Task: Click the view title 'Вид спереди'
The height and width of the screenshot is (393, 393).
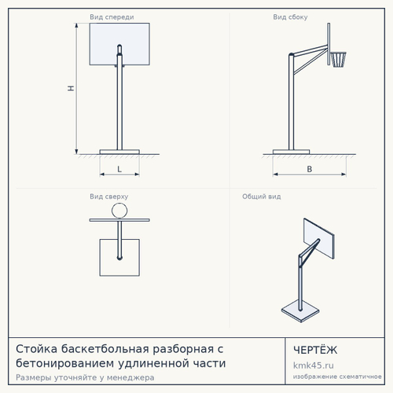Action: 112,17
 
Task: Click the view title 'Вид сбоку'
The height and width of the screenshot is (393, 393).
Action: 290,17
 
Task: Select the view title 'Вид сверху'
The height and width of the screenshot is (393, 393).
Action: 109,196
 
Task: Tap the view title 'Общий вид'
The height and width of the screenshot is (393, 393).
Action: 262,196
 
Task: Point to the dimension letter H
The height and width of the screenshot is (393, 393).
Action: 71,88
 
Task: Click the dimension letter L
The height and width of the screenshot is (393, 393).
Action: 119,169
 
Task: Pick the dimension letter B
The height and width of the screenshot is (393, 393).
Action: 310,169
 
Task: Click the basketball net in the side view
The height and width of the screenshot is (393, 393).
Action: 339,60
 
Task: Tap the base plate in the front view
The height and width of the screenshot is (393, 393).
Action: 119,152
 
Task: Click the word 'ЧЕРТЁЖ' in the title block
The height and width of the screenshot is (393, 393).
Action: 315,350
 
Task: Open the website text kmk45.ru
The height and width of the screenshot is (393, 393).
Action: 314,365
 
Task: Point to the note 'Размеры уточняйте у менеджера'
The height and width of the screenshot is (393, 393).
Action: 85,377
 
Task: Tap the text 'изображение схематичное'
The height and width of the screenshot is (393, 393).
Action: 337,376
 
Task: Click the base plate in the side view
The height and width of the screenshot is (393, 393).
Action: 291,152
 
